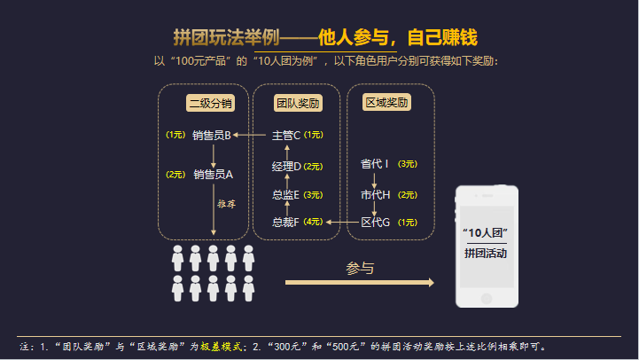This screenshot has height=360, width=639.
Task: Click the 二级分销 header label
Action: click(x=210, y=104)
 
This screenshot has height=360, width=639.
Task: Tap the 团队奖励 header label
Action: click(x=298, y=104)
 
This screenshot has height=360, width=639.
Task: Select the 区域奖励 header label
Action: click(x=386, y=103)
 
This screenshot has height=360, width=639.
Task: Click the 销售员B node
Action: click(x=211, y=136)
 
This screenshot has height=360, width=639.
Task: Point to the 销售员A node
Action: click(x=213, y=175)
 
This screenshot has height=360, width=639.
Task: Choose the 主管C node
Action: click(x=286, y=136)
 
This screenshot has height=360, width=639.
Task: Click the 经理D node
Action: click(x=286, y=166)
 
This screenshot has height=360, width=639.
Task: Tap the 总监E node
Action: click(x=286, y=194)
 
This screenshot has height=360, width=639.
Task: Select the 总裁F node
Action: click(x=286, y=222)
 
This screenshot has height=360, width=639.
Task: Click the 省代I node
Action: click(x=375, y=164)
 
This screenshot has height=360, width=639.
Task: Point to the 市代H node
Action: click(x=375, y=194)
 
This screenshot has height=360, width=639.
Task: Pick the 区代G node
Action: click(x=375, y=222)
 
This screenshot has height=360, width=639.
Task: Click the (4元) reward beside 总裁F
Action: click(x=314, y=222)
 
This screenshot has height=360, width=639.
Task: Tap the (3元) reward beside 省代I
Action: click(x=408, y=164)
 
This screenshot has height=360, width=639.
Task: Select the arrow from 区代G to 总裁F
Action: click(x=343, y=222)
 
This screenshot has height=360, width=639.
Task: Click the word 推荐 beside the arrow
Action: click(x=226, y=204)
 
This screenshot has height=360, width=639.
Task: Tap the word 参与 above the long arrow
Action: click(x=360, y=267)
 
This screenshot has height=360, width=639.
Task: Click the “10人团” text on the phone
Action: click(x=485, y=231)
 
